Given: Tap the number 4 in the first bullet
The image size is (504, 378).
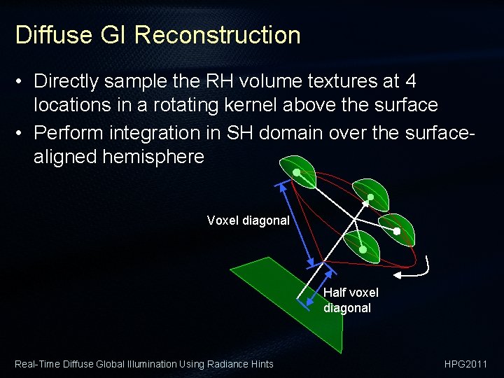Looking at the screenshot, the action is (x=410, y=81).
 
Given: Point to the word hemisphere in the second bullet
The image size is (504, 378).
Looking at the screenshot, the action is (x=153, y=156).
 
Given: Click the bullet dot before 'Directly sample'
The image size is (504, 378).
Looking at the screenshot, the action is (x=22, y=82).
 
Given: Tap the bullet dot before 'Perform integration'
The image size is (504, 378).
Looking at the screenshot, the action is (x=22, y=132).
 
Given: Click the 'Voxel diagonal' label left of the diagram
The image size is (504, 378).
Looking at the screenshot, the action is (x=248, y=220).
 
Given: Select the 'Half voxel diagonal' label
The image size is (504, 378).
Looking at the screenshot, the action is (x=350, y=300).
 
